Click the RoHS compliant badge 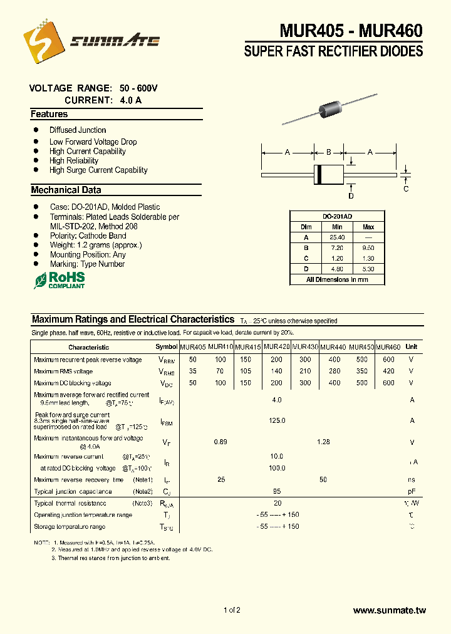[60, 279]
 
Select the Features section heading [49, 115]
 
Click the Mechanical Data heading [66, 190]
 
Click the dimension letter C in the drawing [406, 189]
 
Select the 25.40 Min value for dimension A [337, 237]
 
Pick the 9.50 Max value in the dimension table [368, 248]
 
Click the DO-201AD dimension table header [337, 216]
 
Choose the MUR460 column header [388, 347]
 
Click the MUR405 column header [192, 347]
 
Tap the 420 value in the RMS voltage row [388, 372]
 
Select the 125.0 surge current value [277, 421]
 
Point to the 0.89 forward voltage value [220, 442]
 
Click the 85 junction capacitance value [277, 492]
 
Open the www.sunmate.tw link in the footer [389, 610]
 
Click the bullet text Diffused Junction [78, 130]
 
